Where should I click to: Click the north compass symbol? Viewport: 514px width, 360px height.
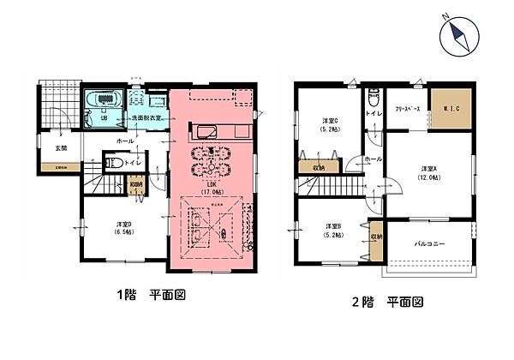458,38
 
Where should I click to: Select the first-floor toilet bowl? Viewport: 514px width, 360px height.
111,161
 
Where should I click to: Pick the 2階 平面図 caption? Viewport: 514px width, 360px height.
386,303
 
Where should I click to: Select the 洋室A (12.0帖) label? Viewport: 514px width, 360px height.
430,171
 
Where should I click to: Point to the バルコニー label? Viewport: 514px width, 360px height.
430,244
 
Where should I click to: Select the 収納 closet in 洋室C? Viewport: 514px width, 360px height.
317,168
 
